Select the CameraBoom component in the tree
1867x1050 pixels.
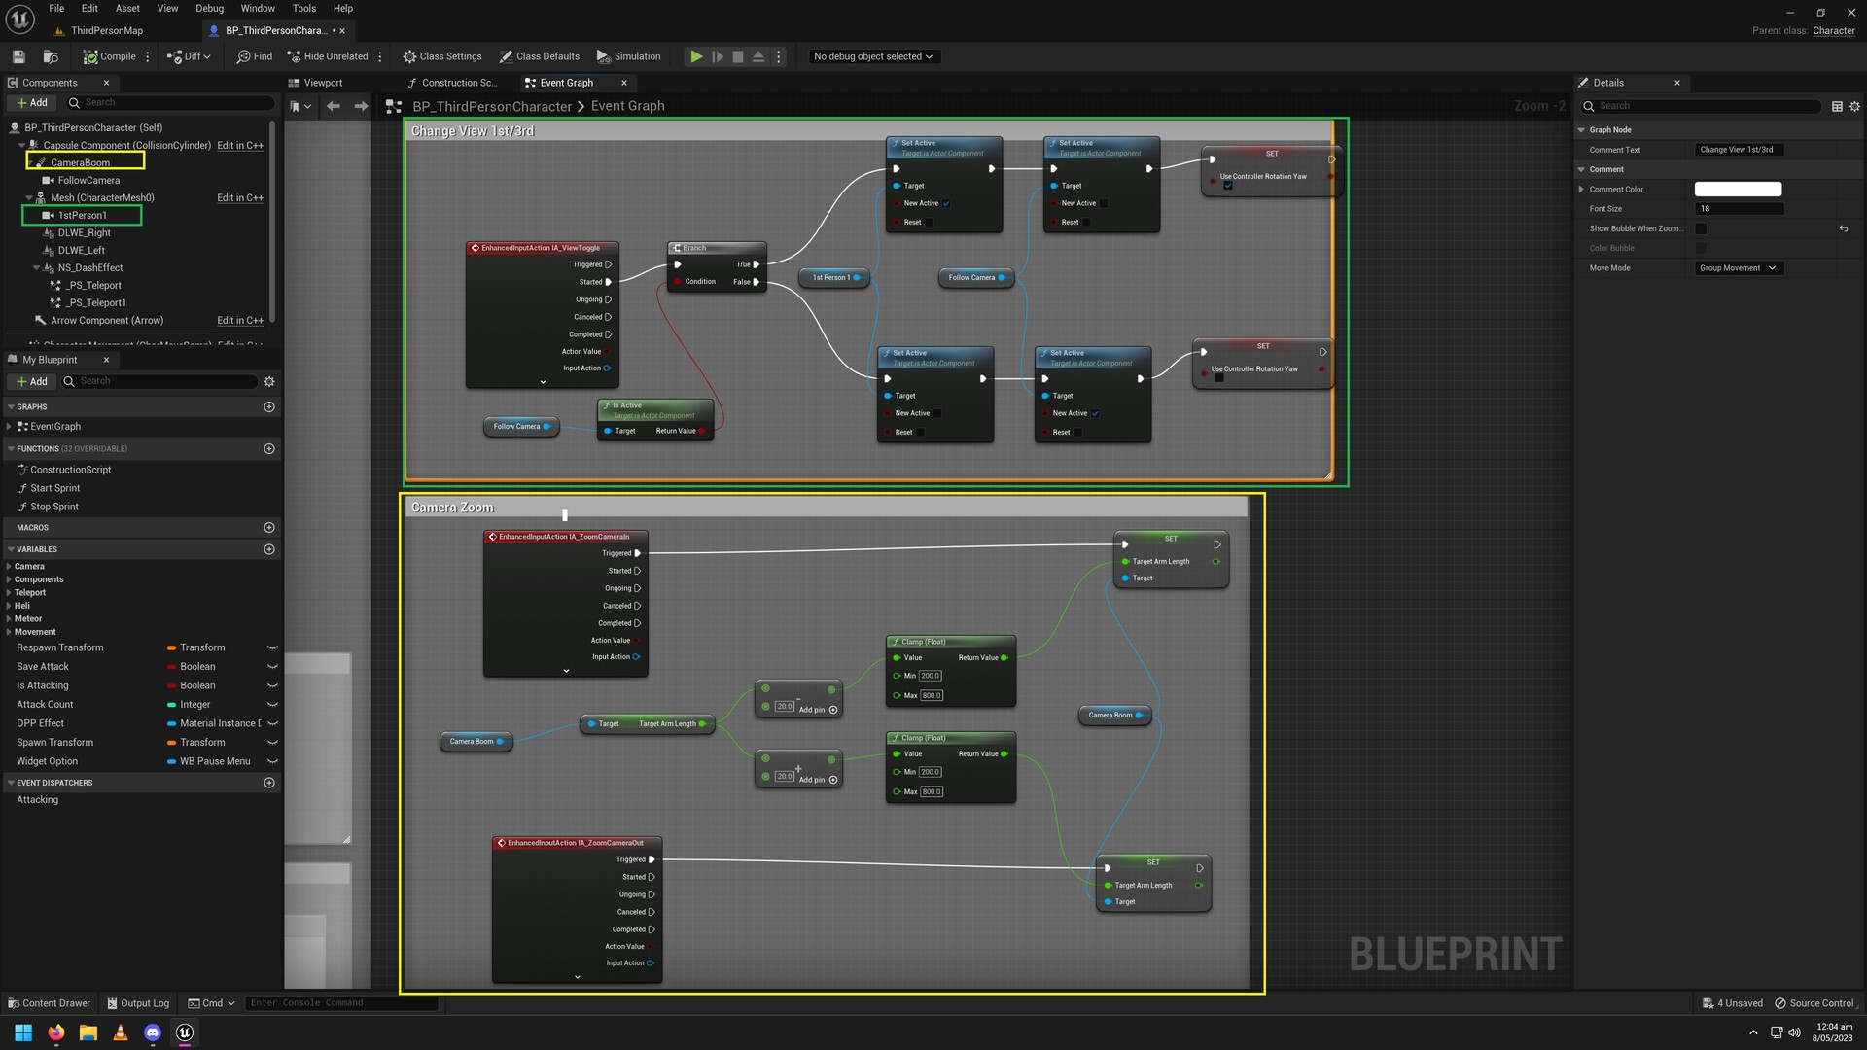[x=80, y=162]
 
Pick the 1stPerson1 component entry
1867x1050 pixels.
[x=82, y=215]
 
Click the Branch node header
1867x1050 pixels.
[x=716, y=248]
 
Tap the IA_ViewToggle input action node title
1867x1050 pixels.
[x=541, y=248]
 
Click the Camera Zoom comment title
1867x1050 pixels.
[x=452, y=507]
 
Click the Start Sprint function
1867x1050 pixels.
[x=55, y=488]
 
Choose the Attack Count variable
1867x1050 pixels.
[x=45, y=704]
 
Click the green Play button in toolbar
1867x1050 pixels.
[x=696, y=56]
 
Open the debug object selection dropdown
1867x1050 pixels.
[x=872, y=56]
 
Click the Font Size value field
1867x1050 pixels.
[x=1738, y=209]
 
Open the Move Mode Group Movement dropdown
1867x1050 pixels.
[x=1738, y=268]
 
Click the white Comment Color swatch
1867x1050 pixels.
[x=1738, y=190]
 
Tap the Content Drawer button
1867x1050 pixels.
[x=49, y=1003]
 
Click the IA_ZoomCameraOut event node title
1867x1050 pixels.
[x=576, y=843]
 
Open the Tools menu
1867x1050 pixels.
[x=304, y=8]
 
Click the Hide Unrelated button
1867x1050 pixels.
[x=328, y=56]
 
